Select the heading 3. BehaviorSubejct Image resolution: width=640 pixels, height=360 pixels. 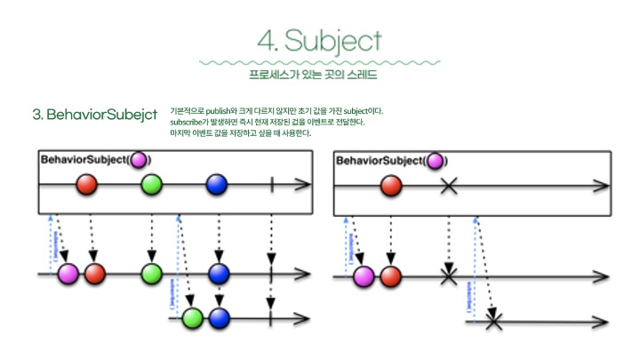coord(94,115)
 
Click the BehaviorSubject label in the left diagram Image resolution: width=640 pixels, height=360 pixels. coord(84,160)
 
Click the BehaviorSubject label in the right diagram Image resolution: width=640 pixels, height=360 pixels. coord(379,161)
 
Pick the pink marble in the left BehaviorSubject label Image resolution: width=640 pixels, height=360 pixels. coord(139,160)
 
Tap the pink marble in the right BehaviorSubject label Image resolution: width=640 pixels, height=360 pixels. coord(435,161)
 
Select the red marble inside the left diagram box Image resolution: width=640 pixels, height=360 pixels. coord(87,185)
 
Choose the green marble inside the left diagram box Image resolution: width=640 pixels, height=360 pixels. coord(152,185)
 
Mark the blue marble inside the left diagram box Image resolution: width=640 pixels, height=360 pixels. coord(217,185)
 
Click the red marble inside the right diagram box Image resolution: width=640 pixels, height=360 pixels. coord(391,186)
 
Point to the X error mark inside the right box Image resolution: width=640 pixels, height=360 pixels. coord(449,186)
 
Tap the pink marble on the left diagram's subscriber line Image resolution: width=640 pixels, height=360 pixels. coord(68,274)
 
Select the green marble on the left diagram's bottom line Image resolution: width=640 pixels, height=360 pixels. coord(193,317)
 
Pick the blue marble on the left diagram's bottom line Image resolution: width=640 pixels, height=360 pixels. coord(219,317)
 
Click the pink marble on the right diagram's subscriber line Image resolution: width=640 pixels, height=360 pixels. coord(364,276)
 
